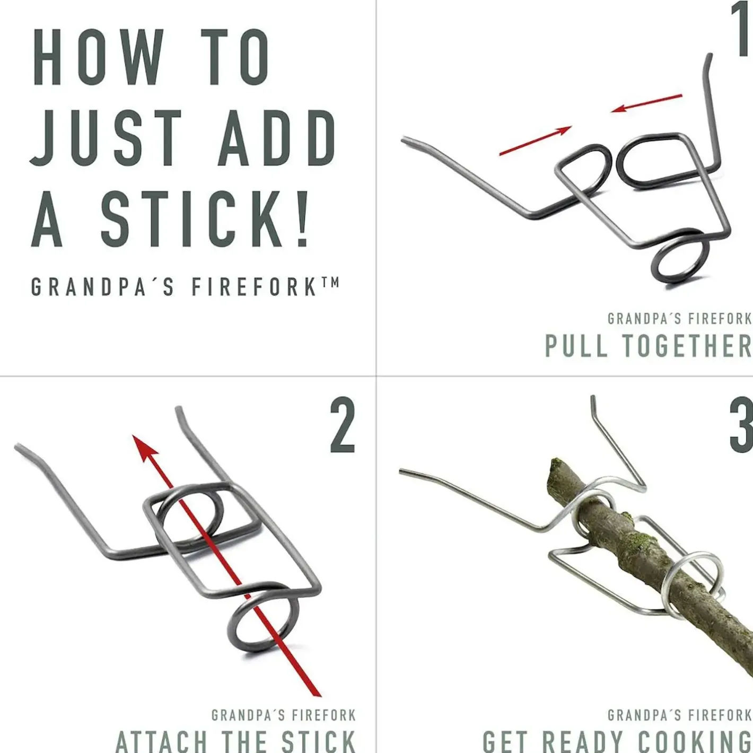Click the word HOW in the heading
(x=98, y=57)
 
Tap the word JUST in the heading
(x=106, y=138)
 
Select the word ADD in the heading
(x=276, y=138)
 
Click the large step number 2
(x=343, y=425)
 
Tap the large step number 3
(x=741, y=425)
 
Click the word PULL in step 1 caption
(x=576, y=345)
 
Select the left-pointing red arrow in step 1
(x=646, y=103)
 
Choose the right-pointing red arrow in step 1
(x=536, y=141)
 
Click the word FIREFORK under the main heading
(x=255, y=287)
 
